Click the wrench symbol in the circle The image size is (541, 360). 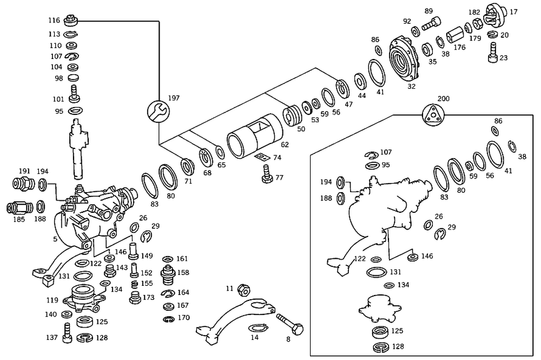(159, 111)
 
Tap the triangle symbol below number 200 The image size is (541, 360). (433, 115)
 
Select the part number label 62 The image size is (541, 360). (285, 145)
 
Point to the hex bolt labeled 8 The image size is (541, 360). (289, 323)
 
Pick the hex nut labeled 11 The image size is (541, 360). (243, 290)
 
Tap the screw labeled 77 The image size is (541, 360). (267, 174)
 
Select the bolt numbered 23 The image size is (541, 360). (493, 53)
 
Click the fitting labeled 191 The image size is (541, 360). (23, 184)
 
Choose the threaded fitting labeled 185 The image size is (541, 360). (19, 208)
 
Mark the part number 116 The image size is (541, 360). (54, 21)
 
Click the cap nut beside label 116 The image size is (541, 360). (71, 20)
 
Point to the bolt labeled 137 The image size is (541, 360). (67, 333)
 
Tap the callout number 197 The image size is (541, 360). (174, 98)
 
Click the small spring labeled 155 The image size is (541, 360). (135, 284)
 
